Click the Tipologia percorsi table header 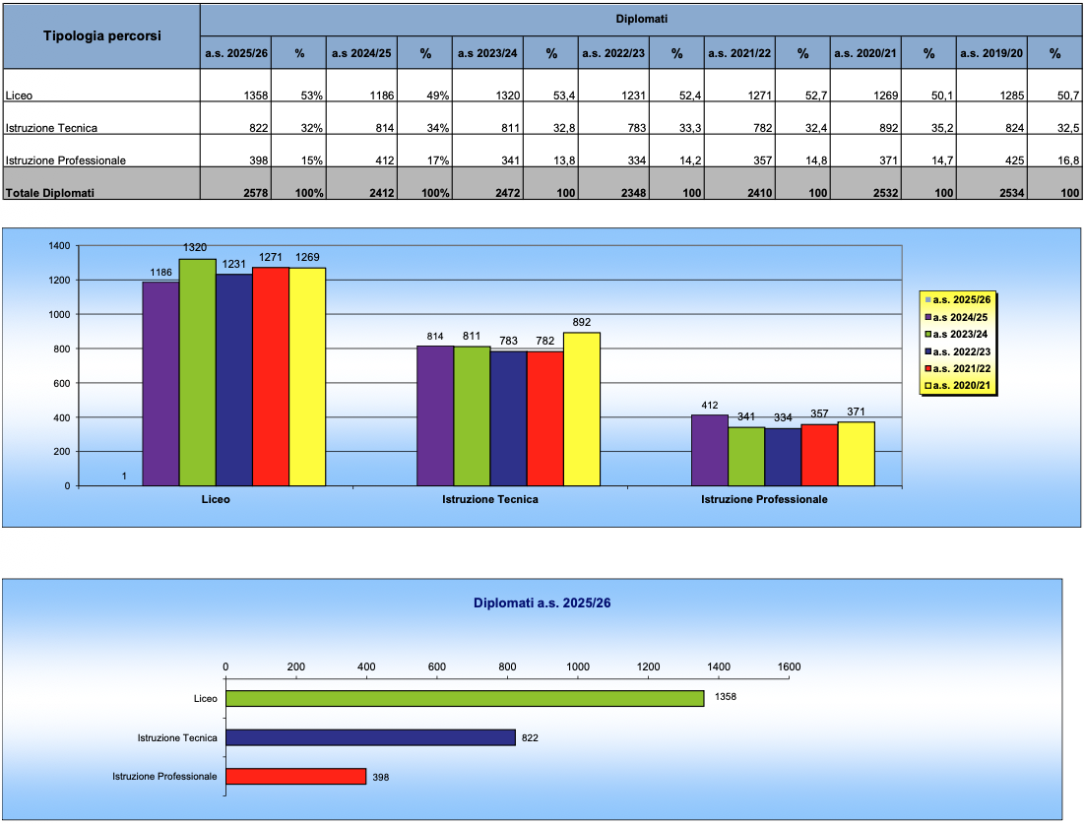point(101,36)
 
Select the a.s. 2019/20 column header point(990,53)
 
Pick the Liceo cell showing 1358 point(256,95)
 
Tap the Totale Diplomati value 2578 point(255,193)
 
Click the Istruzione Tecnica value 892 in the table point(888,128)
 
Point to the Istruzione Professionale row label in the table point(66,160)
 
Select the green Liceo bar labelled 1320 point(197,372)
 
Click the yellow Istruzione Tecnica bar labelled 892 point(582,409)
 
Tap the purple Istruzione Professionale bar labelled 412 point(710,451)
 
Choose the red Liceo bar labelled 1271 point(271,376)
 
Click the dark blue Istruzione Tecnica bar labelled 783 point(509,418)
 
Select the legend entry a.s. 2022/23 point(958,351)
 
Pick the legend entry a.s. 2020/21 point(958,385)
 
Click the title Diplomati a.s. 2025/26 point(542,603)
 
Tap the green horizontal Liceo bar point(465,699)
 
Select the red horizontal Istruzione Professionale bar point(296,777)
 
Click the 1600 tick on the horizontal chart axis point(789,666)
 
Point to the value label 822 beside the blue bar point(530,738)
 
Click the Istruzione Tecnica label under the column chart point(490,499)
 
